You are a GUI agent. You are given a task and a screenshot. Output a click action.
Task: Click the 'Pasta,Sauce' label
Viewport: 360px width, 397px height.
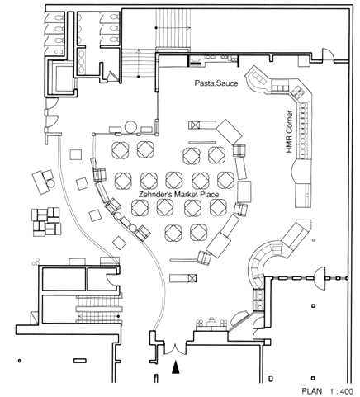[x=216, y=83]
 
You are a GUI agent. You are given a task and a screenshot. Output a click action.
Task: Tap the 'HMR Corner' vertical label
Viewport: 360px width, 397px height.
[x=289, y=132]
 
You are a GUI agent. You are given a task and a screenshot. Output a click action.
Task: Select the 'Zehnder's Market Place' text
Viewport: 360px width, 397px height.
[x=178, y=195]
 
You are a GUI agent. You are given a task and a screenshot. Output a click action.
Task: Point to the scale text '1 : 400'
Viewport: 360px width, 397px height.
[x=341, y=391]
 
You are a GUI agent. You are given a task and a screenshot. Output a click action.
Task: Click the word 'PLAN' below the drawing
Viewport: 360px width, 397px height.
[x=312, y=391]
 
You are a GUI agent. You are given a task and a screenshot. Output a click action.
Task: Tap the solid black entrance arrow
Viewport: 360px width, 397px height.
[x=176, y=367]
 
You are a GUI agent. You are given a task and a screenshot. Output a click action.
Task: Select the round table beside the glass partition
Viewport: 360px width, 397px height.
[x=130, y=126]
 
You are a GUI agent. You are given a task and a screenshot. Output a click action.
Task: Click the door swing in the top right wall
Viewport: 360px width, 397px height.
[x=328, y=54]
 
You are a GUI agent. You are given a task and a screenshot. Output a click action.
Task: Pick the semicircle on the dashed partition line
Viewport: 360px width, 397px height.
[x=320, y=278]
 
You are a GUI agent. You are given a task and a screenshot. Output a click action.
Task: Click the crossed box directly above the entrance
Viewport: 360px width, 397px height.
[x=192, y=278]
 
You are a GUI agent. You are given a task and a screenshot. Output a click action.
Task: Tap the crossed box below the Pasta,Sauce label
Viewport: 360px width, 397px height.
[x=195, y=125]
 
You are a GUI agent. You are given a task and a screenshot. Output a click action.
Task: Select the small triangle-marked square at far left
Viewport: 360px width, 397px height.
[x=33, y=318]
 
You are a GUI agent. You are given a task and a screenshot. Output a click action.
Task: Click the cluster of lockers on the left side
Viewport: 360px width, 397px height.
[x=46, y=222]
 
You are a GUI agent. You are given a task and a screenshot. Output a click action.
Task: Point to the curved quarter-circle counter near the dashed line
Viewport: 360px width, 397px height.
[x=258, y=266]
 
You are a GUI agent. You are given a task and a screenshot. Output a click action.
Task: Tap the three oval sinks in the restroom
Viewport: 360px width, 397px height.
[x=81, y=61]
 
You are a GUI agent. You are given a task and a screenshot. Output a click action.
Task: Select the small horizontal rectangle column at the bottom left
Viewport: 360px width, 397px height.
[x=80, y=361]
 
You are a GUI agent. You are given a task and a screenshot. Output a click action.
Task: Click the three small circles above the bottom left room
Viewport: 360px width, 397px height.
[x=36, y=262]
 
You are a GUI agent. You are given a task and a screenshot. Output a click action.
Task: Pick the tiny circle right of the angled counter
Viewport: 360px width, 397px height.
[x=314, y=240]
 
